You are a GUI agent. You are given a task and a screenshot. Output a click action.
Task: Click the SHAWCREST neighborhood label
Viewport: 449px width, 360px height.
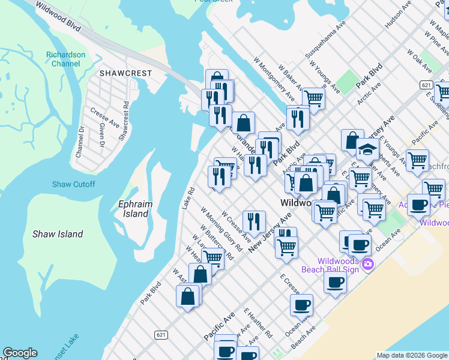pyautogui.click(x=125, y=73)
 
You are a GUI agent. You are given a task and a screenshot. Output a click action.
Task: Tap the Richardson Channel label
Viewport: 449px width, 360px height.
pyautogui.click(x=65, y=59)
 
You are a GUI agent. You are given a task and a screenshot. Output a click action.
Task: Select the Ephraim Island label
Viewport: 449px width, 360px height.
pyautogui.click(x=136, y=209)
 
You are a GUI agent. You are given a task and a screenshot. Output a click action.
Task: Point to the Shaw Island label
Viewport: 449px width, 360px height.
pyautogui.click(x=74, y=234)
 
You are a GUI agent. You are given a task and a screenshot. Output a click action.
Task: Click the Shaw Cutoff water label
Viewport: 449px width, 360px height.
pyautogui.click(x=73, y=184)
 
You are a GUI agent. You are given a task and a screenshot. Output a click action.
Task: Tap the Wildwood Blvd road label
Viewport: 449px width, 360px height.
pyautogui.click(x=58, y=17)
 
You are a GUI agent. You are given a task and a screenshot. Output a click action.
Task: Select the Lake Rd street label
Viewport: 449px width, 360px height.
pyautogui.click(x=188, y=198)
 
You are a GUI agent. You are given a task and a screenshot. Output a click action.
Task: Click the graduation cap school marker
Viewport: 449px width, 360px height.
pyautogui.click(x=367, y=149)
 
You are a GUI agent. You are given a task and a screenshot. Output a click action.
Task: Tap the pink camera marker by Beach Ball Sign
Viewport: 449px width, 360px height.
pyautogui.click(x=368, y=263)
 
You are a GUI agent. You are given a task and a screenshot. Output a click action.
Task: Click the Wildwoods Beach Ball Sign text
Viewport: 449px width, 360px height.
pyautogui.click(x=339, y=265)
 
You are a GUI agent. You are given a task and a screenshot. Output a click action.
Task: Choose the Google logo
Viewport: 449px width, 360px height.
pyautogui.click(x=20, y=353)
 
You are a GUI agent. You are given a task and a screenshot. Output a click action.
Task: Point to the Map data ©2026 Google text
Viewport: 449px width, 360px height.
pyautogui.click(x=411, y=355)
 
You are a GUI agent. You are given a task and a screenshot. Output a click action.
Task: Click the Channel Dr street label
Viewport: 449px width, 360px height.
pyautogui.click(x=79, y=140)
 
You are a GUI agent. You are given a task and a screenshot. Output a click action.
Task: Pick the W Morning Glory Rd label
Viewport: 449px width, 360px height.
pyautogui.click(x=221, y=229)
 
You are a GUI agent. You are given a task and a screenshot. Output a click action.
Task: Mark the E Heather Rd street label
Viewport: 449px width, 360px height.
pyautogui.click(x=258, y=323)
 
